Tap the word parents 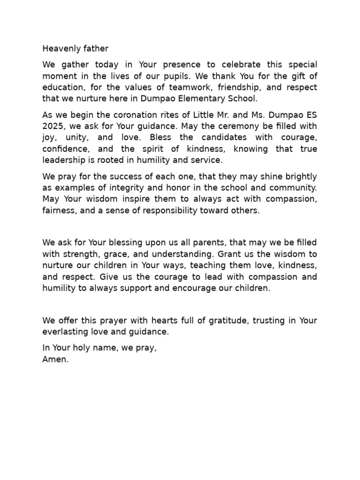187,243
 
